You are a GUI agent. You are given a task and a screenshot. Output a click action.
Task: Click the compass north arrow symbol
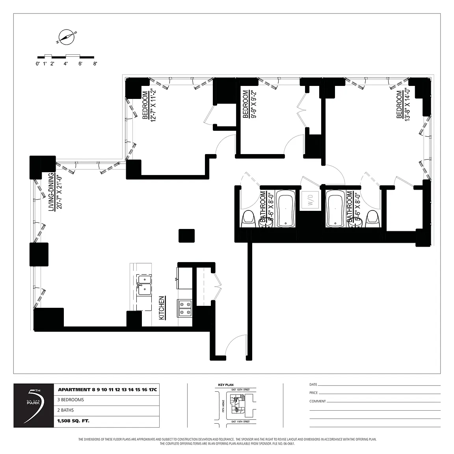(x=66, y=36)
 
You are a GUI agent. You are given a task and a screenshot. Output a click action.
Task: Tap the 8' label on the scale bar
(x=95, y=63)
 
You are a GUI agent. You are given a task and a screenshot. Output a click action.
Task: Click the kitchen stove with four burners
(x=185, y=308)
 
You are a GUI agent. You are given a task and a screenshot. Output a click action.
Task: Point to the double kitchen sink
(x=144, y=285)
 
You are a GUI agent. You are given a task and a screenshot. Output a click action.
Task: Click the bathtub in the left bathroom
(x=286, y=209)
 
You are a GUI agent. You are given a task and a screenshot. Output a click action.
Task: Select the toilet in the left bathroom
(x=248, y=219)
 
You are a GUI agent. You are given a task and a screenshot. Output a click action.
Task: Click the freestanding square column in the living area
(x=186, y=236)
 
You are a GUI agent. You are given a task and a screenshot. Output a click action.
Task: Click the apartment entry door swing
(x=236, y=345)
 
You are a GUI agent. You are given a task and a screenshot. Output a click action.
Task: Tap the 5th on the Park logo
(x=33, y=406)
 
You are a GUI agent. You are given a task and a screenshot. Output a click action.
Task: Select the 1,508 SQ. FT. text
(x=74, y=421)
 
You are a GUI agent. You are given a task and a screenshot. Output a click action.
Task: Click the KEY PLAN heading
(x=226, y=385)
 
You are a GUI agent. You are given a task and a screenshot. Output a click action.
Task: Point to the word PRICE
(x=313, y=393)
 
